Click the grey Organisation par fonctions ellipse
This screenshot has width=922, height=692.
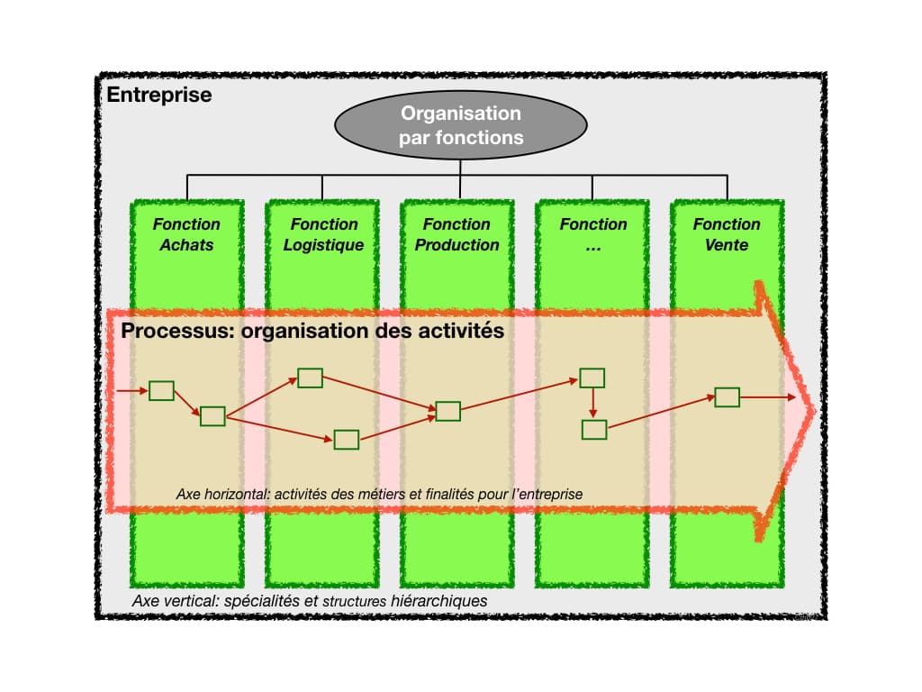[460, 126]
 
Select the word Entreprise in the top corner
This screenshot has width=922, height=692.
[159, 95]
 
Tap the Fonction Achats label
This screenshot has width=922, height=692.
[186, 234]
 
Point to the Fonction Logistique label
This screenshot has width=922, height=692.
[323, 234]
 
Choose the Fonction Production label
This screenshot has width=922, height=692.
[457, 234]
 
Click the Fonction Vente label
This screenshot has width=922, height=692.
[726, 234]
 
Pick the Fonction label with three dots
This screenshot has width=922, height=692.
[592, 234]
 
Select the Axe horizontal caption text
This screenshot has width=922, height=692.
[379, 494]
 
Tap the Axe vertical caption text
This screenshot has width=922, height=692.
[310, 600]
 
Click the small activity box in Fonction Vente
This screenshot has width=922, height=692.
[727, 397]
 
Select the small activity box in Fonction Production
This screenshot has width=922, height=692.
[447, 412]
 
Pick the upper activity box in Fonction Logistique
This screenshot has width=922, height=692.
[310, 378]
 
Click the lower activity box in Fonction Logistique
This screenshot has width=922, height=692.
[347, 440]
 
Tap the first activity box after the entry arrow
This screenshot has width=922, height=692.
[161, 391]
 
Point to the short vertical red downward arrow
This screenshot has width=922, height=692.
[592, 404]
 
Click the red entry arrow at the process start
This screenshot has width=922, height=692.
[131, 391]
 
